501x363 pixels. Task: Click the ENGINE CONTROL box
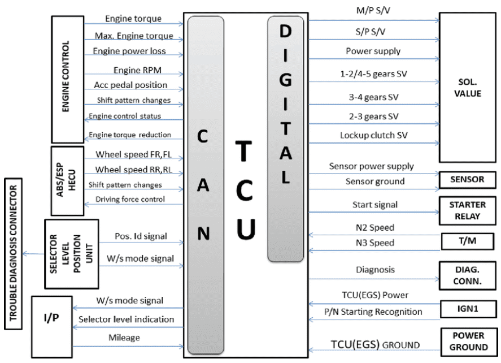pyautogui.click(x=67, y=78)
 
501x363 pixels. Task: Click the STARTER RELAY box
pyautogui.click(x=467, y=210)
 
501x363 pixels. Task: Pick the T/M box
pyautogui.click(x=467, y=241)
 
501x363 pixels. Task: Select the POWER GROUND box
pyautogui.click(x=467, y=340)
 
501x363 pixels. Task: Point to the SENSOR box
pyautogui.click(x=467, y=180)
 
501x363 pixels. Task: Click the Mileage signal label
pyautogui.click(x=124, y=338)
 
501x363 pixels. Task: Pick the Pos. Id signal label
pyautogui.click(x=133, y=236)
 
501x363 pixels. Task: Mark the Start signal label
pyautogui.click(x=374, y=205)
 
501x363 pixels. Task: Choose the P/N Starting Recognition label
pyautogui.click(x=373, y=312)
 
